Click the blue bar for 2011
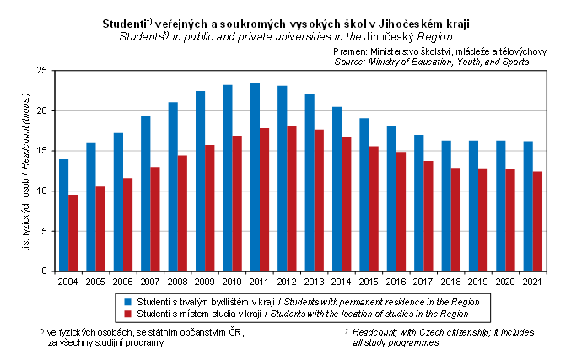pos(256,177)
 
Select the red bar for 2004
pos(73,233)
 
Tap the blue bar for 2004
pos(64,215)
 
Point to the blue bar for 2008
pos(173,186)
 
